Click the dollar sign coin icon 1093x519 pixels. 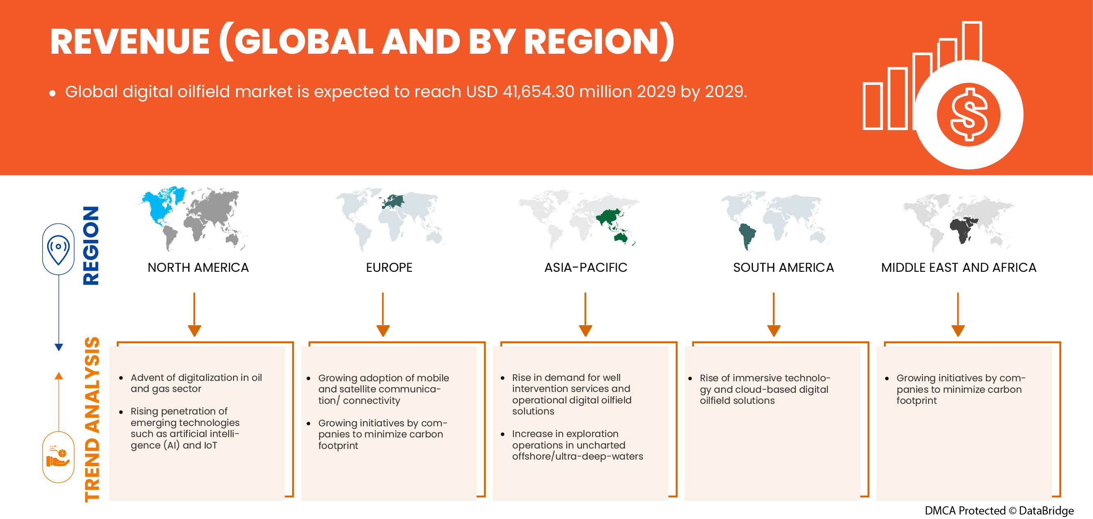click(969, 114)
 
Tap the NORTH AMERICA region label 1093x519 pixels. click(198, 267)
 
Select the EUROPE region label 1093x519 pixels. click(389, 267)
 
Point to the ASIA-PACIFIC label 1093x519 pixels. click(586, 267)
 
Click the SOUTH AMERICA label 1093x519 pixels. click(783, 267)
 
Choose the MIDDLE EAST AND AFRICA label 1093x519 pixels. click(959, 267)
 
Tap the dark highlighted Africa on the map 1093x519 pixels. click(962, 231)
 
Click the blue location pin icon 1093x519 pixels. click(59, 249)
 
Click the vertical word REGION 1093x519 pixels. click(91, 246)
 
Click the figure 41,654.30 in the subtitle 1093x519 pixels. click(538, 92)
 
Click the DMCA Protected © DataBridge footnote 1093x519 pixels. click(999, 510)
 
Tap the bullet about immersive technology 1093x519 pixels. click(764, 389)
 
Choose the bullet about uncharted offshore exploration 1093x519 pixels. click(577, 445)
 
